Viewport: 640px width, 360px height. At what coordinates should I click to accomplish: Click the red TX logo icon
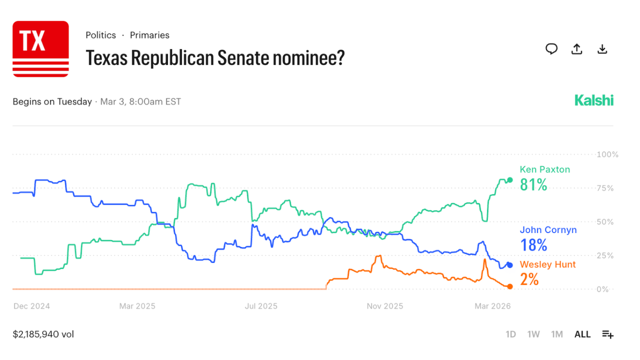(x=41, y=49)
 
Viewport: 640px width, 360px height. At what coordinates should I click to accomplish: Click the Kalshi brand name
(x=594, y=100)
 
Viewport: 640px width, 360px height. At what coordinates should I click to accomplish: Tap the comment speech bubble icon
(x=551, y=49)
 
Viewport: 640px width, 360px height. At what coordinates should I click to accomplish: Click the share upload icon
(x=577, y=49)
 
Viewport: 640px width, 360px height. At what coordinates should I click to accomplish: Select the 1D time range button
(x=510, y=334)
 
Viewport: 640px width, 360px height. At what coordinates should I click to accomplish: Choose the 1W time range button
(x=533, y=334)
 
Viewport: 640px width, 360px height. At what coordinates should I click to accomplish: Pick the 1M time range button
(x=557, y=334)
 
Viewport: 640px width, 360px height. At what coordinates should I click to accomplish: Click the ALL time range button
(x=582, y=334)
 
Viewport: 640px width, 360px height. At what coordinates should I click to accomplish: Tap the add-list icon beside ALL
(x=607, y=334)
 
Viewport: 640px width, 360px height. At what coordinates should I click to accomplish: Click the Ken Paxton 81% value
(x=533, y=185)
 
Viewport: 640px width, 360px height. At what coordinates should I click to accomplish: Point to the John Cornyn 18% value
(x=533, y=245)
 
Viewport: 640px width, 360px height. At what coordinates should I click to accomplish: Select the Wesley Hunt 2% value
(x=529, y=279)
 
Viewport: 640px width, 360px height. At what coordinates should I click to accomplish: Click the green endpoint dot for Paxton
(x=510, y=180)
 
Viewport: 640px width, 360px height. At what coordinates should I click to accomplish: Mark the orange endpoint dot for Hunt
(x=510, y=287)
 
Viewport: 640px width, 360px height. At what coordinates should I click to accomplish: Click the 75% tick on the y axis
(x=607, y=188)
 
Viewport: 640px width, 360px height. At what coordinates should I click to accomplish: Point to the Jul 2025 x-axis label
(x=261, y=306)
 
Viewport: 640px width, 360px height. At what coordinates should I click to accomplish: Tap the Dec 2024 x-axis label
(x=31, y=306)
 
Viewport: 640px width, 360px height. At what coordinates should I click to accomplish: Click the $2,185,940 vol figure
(x=43, y=334)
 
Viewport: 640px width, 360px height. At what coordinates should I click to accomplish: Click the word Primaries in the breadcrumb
(x=149, y=35)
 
